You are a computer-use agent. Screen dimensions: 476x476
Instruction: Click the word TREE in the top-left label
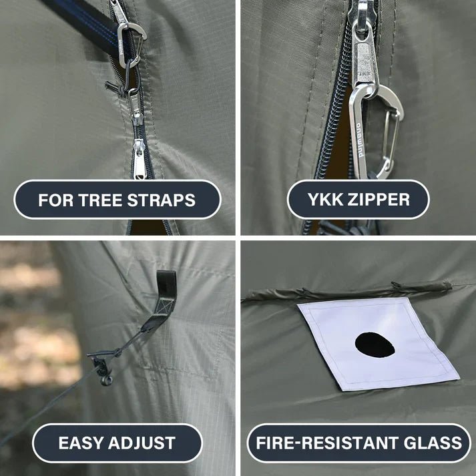click(x=101, y=200)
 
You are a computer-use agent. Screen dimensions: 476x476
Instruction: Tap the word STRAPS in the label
click(x=161, y=200)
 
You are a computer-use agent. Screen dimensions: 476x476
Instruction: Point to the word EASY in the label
click(x=81, y=443)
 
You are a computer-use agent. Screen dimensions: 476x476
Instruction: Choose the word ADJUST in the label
click(x=142, y=443)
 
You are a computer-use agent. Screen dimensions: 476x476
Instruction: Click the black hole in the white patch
click(x=375, y=345)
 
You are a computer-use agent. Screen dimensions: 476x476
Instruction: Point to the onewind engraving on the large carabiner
click(x=359, y=140)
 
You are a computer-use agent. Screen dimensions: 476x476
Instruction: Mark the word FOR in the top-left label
click(x=56, y=200)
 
